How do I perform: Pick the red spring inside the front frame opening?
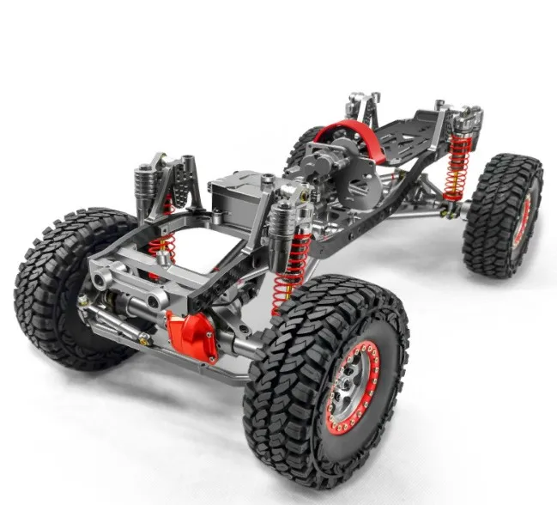[x=160, y=246]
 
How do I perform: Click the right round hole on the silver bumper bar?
[x=157, y=300]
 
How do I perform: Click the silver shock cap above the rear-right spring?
[x=464, y=119]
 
